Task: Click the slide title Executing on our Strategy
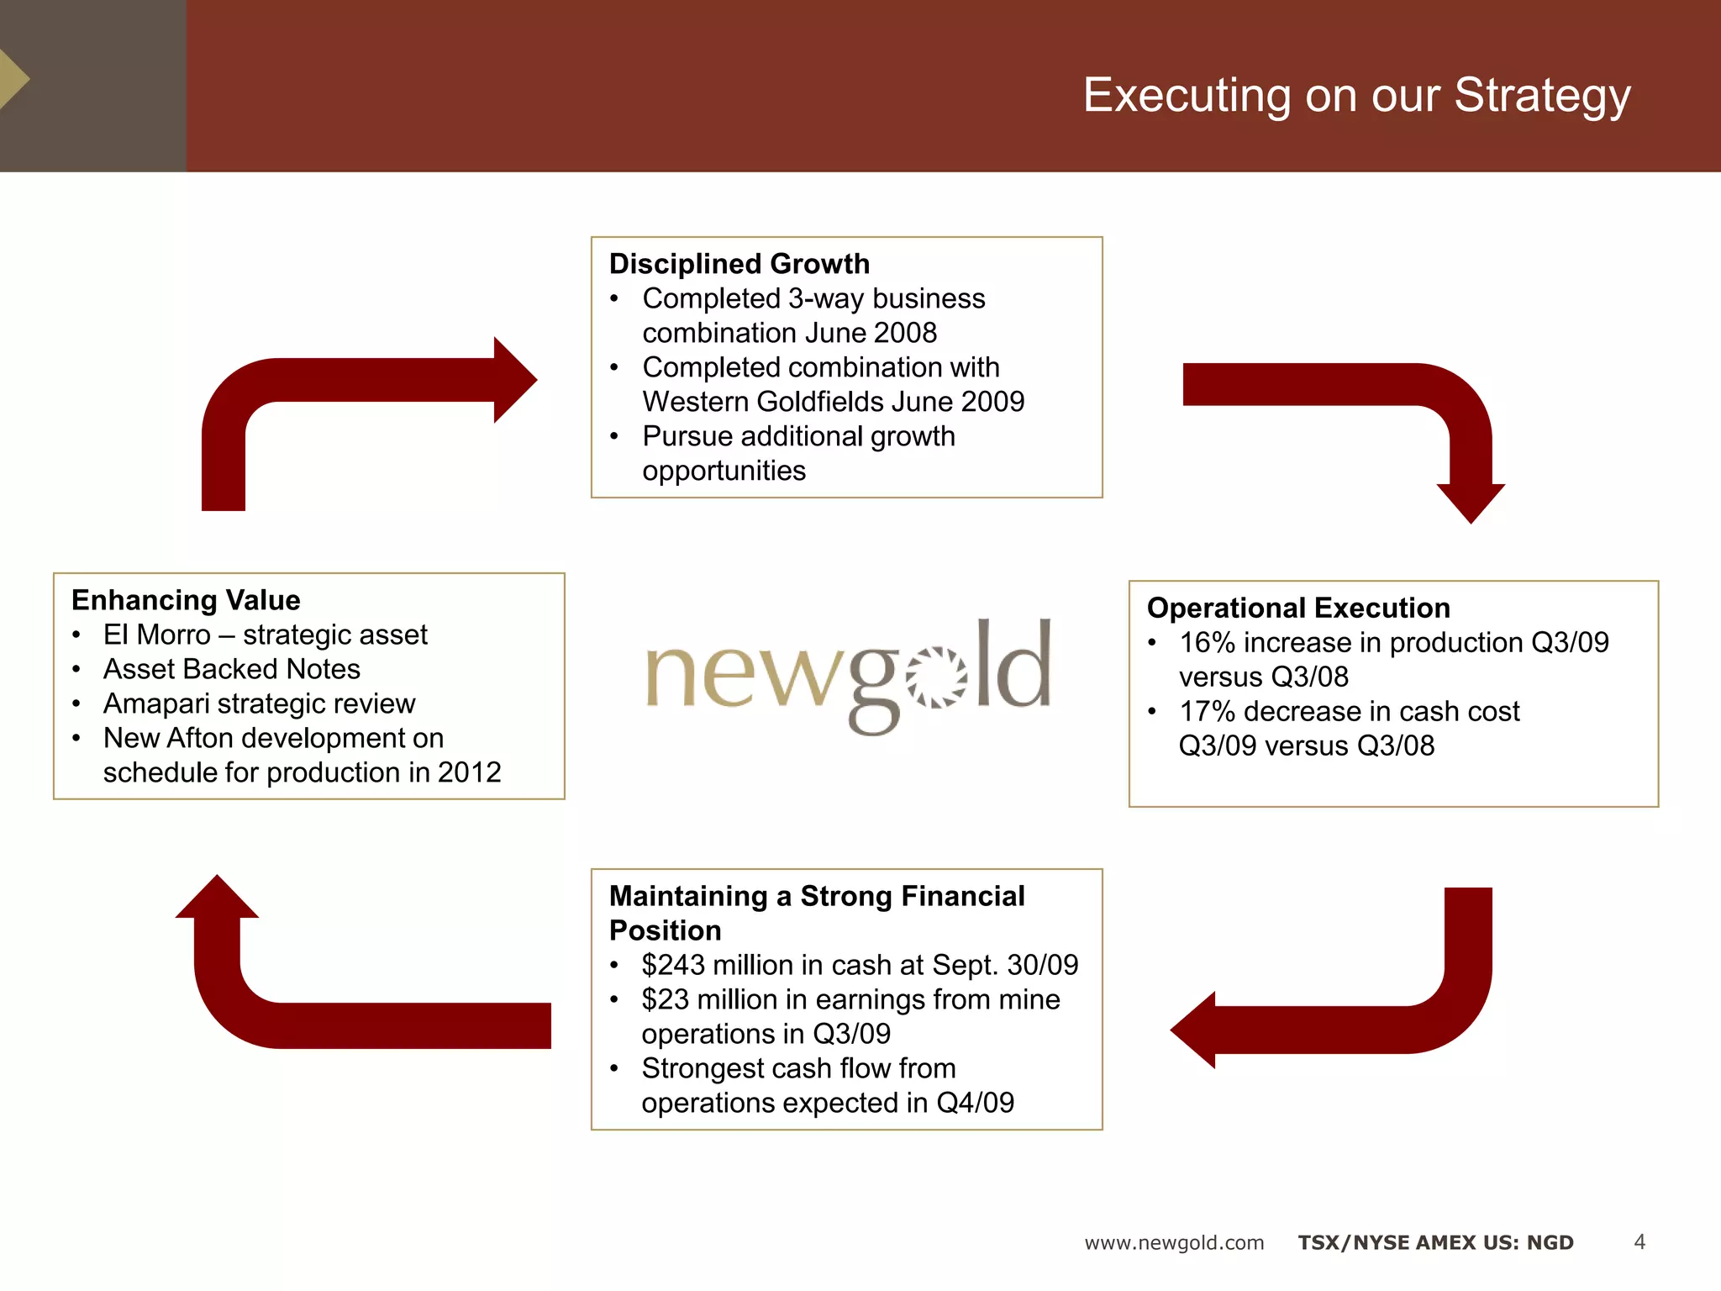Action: [1356, 95]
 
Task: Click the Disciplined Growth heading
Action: [739, 264]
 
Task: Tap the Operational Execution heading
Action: [1298, 608]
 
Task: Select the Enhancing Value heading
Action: [186, 600]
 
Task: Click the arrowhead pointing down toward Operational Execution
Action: [1471, 502]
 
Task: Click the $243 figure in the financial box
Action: [673, 965]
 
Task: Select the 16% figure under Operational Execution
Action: [1207, 643]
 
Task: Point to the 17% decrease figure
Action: [1207, 712]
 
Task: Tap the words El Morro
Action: [156, 635]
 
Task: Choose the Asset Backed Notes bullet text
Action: [231, 669]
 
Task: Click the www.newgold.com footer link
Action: [1174, 1243]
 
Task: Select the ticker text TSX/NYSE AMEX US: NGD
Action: [1435, 1243]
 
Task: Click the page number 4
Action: [1639, 1242]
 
